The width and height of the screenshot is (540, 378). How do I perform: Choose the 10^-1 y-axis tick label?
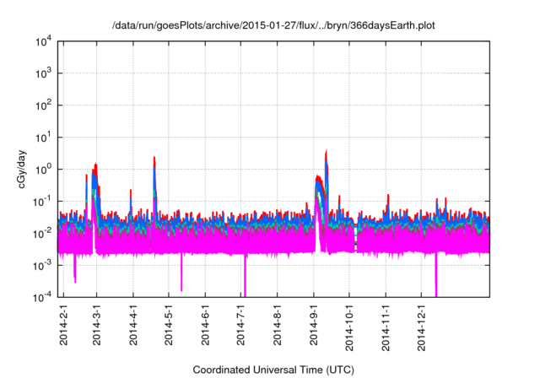[42, 201]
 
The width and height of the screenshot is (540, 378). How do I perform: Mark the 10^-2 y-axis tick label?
[42, 233]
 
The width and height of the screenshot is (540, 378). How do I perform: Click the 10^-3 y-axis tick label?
[42, 265]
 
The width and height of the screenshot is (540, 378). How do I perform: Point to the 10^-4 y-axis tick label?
[42, 296]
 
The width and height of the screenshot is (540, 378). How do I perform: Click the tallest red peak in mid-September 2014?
[327, 151]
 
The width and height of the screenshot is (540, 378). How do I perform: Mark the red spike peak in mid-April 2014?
[154, 157]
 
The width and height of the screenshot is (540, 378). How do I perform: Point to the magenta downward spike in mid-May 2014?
[181, 289]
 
